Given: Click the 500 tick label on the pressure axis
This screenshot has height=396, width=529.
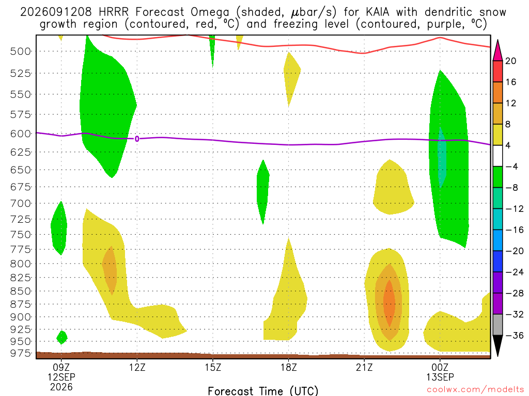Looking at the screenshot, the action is tap(20, 51).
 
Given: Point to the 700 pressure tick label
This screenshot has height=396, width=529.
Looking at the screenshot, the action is tap(20, 203).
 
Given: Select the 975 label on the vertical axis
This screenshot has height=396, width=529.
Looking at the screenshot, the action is tap(20, 353).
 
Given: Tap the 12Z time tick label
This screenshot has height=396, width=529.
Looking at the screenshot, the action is tap(137, 367).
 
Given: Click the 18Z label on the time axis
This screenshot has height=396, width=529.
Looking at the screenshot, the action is tap(288, 367).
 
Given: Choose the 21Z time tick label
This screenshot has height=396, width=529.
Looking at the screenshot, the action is tap(364, 367).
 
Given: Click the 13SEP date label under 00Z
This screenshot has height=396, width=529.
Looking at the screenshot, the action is tap(440, 377).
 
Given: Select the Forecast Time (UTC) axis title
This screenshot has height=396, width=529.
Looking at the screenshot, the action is tap(263, 391).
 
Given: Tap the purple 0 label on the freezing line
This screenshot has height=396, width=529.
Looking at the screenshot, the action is tap(136, 139).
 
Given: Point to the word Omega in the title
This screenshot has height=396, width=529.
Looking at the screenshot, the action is tap(210, 12).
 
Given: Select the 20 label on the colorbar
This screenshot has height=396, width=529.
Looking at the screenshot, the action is tap(510, 61).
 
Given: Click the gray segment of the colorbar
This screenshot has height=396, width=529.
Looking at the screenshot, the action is tap(497, 325).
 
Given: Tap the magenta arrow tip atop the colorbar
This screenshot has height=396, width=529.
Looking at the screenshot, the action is tap(497, 40).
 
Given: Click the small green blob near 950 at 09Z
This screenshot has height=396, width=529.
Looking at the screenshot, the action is tap(62, 337).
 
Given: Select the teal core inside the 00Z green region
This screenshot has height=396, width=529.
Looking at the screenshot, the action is tap(442, 157).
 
